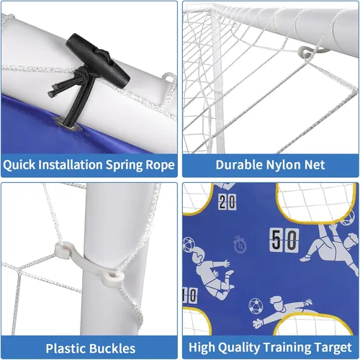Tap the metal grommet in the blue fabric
[x=69, y=124]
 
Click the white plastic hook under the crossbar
[x=312, y=51]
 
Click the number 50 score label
[x=284, y=240]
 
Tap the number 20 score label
[x=227, y=202]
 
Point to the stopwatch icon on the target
[x=240, y=245]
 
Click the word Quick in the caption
[x=19, y=165]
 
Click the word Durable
[x=239, y=165]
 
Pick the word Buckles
[x=112, y=348]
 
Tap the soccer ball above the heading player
[x=189, y=245]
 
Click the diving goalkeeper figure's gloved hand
[x=258, y=323]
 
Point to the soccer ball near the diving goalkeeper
[x=256, y=306]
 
